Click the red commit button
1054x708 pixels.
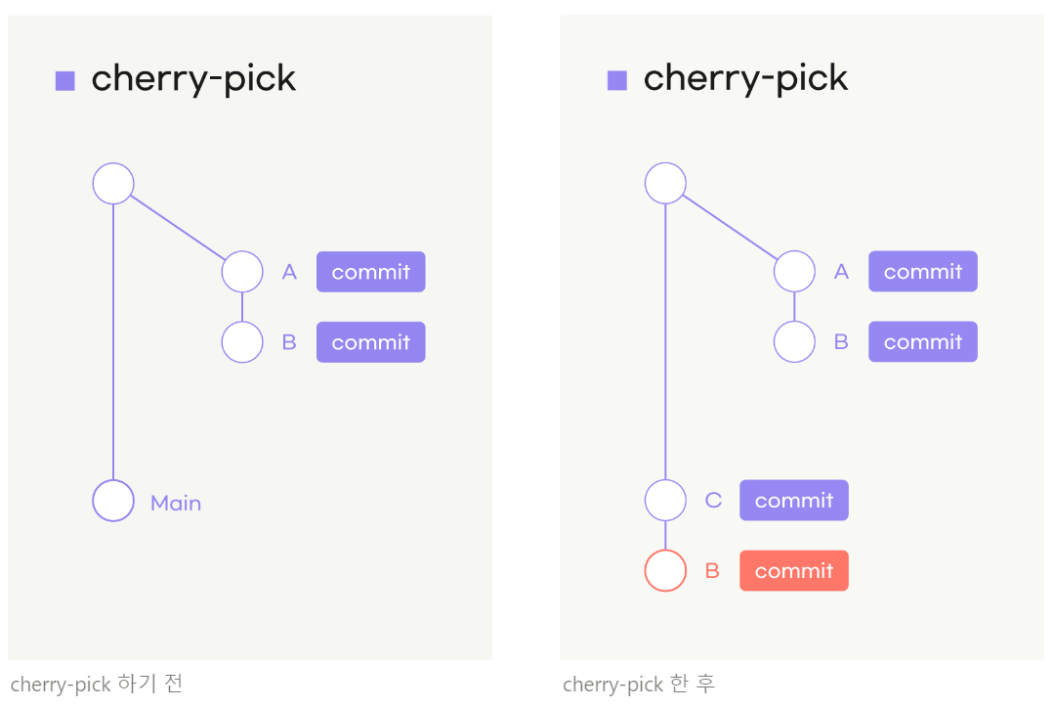click(x=793, y=571)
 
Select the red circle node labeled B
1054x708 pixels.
click(x=665, y=571)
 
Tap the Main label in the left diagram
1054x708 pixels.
click(x=176, y=504)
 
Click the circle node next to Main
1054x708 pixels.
click(x=113, y=501)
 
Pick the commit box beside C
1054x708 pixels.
click(x=793, y=501)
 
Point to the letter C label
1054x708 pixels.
click(x=713, y=501)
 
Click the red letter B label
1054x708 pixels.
click(x=712, y=571)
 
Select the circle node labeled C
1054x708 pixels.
click(x=665, y=501)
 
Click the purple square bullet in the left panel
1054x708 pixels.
click(x=65, y=80)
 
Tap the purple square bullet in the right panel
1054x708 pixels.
click(x=617, y=80)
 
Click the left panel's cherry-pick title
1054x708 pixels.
click(x=193, y=79)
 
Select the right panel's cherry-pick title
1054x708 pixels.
click(x=745, y=79)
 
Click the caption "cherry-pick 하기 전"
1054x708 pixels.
click(x=97, y=684)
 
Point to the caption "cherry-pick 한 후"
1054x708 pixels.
click(x=640, y=684)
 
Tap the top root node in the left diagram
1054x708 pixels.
click(x=113, y=183)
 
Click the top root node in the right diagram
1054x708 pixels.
click(x=665, y=183)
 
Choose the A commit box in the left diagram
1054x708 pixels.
click(x=370, y=272)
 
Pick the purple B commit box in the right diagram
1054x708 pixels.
click(x=922, y=342)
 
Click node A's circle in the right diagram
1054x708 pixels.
click(x=794, y=271)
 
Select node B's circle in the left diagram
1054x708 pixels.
click(x=242, y=342)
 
